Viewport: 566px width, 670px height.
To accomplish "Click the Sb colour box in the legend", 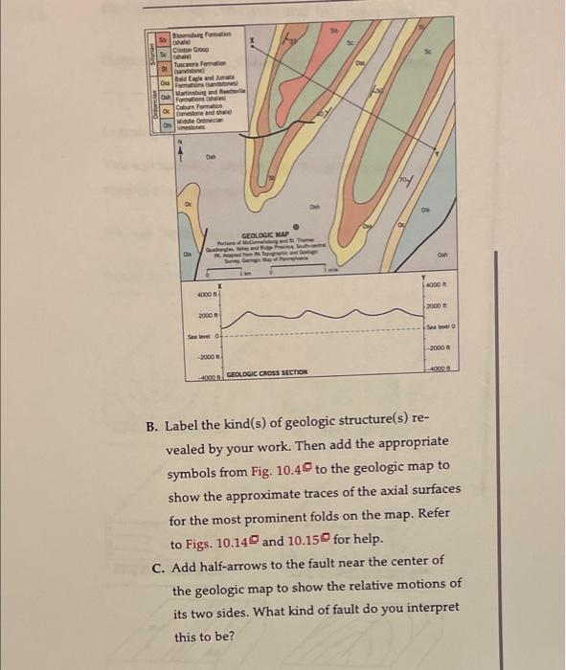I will tap(164, 44).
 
